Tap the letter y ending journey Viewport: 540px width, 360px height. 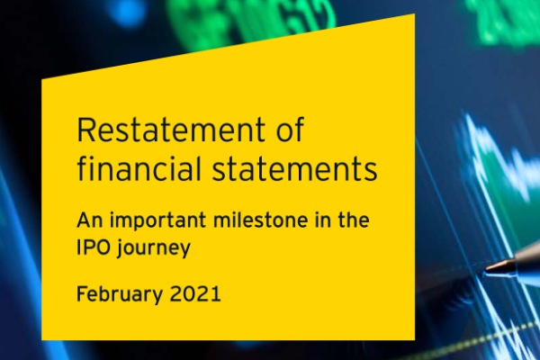pos(185,249)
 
